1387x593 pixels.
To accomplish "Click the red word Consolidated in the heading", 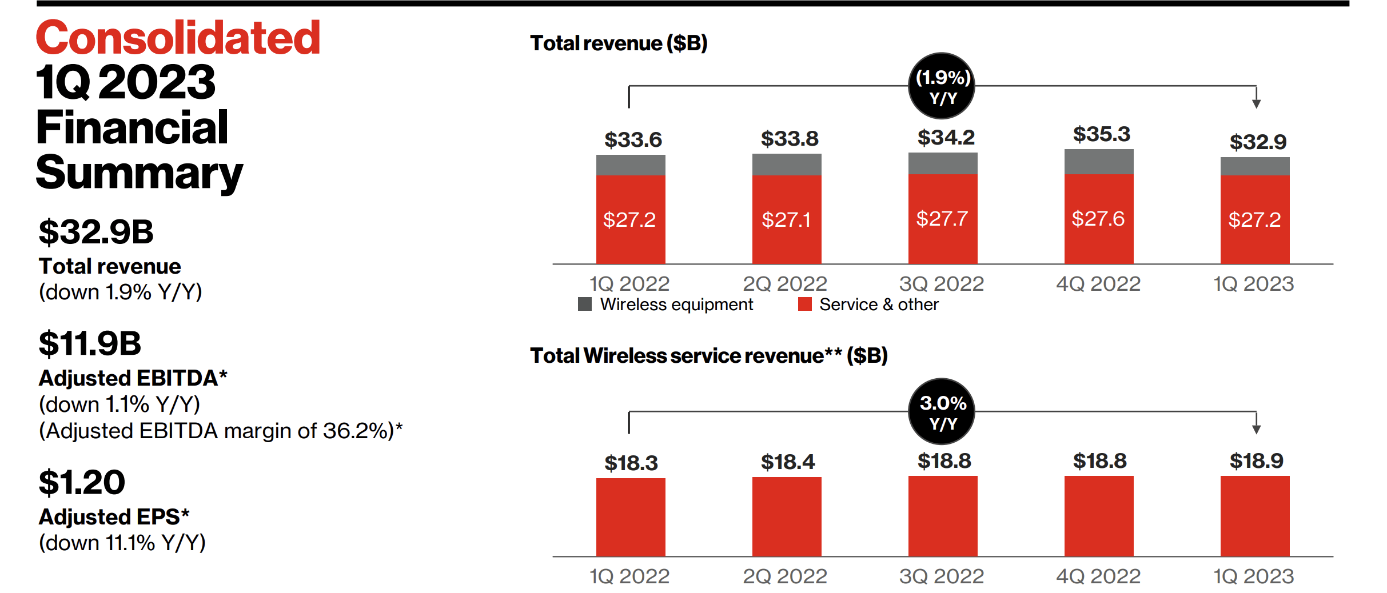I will (178, 38).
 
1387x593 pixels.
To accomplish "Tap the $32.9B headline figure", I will (96, 232).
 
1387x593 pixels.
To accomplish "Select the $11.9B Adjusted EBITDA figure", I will (90, 343).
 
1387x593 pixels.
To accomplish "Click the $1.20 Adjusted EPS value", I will (82, 482).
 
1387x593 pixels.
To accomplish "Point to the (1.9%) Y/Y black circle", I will (942, 86).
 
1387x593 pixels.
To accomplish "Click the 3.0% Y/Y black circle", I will (942, 412).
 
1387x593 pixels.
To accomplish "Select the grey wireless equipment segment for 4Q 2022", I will (1098, 162).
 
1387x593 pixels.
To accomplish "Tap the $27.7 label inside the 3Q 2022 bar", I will (942, 219).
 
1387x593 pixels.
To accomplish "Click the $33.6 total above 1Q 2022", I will (633, 140).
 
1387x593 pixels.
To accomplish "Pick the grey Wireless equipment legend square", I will (584, 304).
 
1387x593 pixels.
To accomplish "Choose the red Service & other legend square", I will (804, 304).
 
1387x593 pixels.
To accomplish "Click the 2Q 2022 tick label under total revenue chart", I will (784, 284).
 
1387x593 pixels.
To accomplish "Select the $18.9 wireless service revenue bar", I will (1254, 516).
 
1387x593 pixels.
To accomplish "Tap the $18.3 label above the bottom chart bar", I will (631, 463).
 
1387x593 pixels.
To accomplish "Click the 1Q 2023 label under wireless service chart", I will (1253, 576).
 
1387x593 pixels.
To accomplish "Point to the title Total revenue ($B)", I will (619, 43).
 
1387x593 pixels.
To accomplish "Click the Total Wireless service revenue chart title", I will (708, 356).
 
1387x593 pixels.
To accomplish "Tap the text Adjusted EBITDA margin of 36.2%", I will (220, 431).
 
